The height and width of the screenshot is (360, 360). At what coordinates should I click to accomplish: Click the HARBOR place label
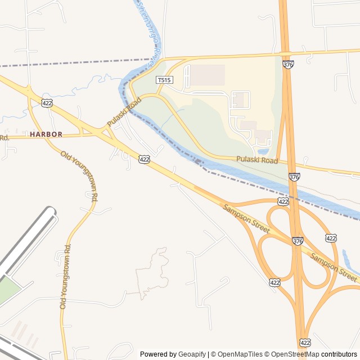[x=46, y=134]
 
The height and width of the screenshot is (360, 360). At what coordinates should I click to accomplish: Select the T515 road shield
[x=164, y=80]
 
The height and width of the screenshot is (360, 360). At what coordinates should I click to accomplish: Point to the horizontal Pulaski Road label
[x=257, y=161]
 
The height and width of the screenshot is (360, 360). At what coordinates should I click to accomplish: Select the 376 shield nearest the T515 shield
[x=288, y=65]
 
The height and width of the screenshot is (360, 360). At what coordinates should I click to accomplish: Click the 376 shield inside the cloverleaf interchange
[x=298, y=241]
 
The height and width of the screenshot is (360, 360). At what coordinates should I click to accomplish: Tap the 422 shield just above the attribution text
[x=305, y=342]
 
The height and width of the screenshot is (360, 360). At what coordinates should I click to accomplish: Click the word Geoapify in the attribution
[x=192, y=354]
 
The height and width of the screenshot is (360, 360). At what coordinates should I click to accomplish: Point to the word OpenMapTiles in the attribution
[x=240, y=354]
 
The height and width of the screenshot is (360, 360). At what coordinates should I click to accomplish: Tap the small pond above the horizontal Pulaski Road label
[x=263, y=151]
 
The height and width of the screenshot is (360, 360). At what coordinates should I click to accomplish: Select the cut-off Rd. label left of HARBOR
[x=4, y=137]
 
